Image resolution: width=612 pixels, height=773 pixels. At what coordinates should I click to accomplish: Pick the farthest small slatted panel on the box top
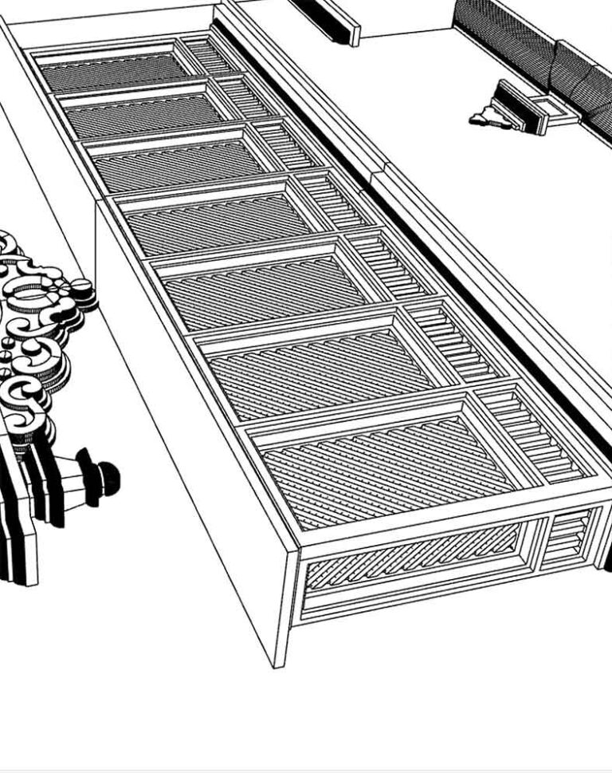tap(210, 56)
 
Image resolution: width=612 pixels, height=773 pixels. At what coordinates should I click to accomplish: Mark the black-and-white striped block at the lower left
tap(20, 519)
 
